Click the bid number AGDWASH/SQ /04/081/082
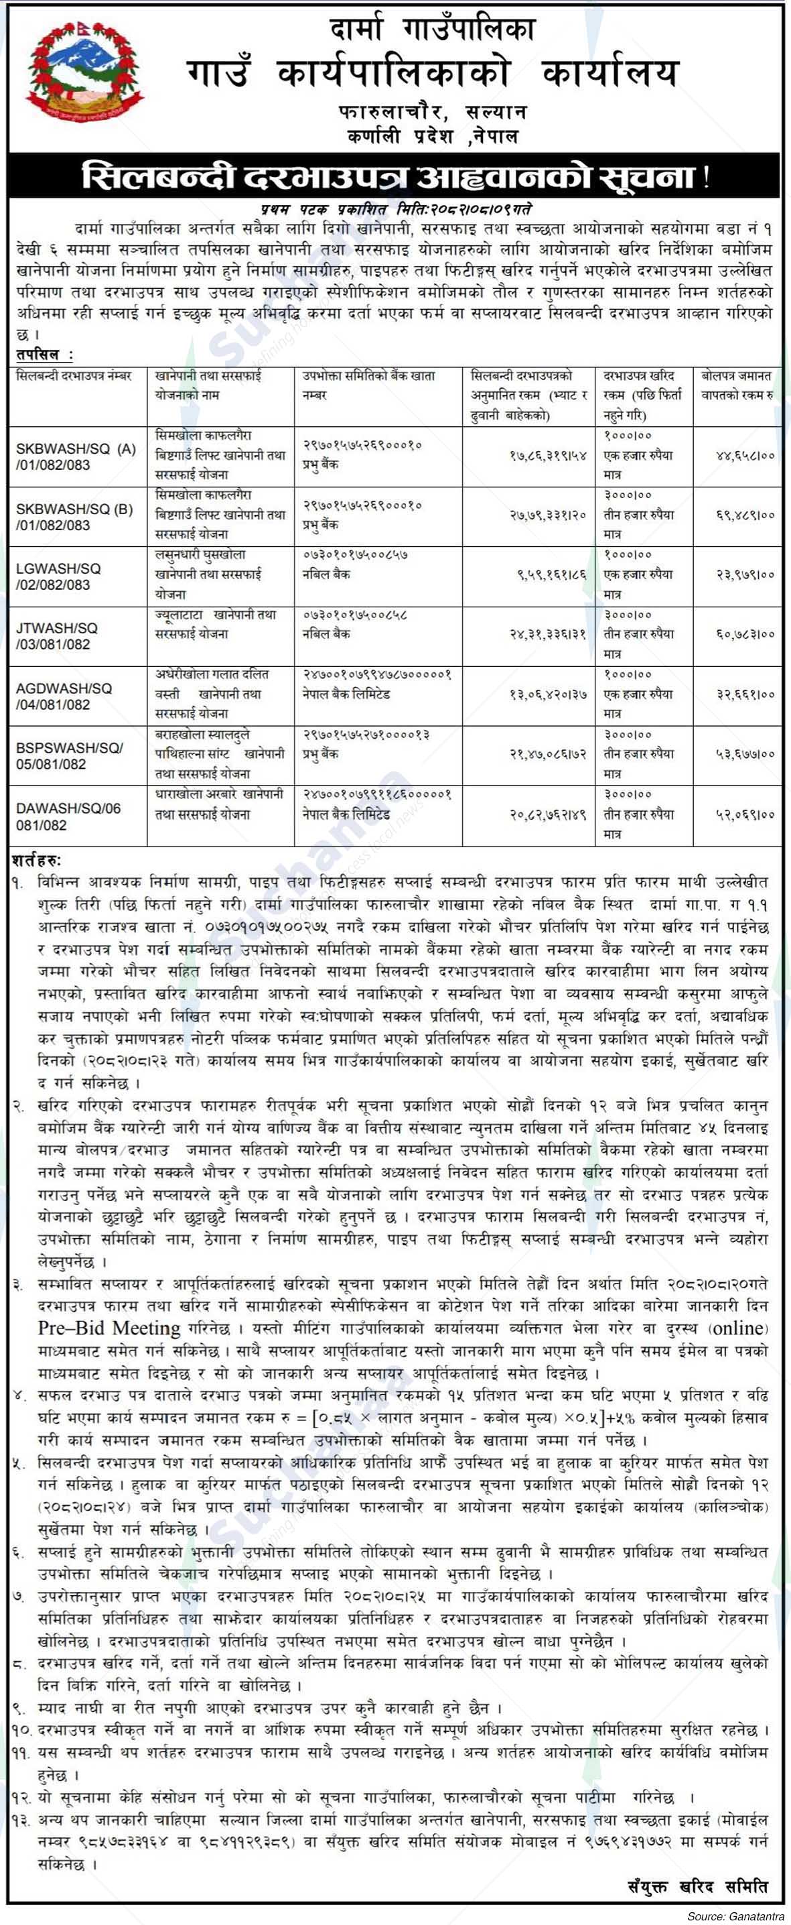coord(64,696)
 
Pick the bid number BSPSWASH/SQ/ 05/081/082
coord(69,755)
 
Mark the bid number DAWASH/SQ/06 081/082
coord(68,816)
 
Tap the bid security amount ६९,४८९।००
coord(740,515)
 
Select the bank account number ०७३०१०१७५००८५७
coord(355,555)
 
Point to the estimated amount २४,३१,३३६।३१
coord(549,633)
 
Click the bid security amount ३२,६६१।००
coord(740,694)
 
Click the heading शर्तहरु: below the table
coord(38,861)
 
